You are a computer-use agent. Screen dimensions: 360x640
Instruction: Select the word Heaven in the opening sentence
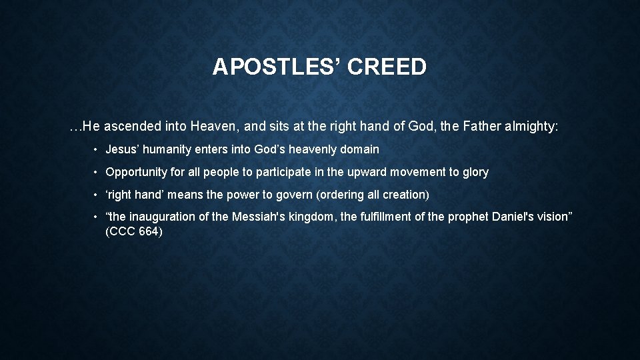point(213,126)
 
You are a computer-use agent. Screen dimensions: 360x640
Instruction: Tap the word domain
point(358,149)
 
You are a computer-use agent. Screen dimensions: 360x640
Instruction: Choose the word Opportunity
point(136,172)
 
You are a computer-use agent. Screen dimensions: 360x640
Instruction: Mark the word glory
point(475,172)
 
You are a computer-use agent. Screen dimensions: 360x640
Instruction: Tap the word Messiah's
point(257,217)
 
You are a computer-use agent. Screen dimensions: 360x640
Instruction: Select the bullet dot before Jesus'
point(97,149)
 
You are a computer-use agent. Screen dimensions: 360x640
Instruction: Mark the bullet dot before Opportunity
point(97,172)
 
